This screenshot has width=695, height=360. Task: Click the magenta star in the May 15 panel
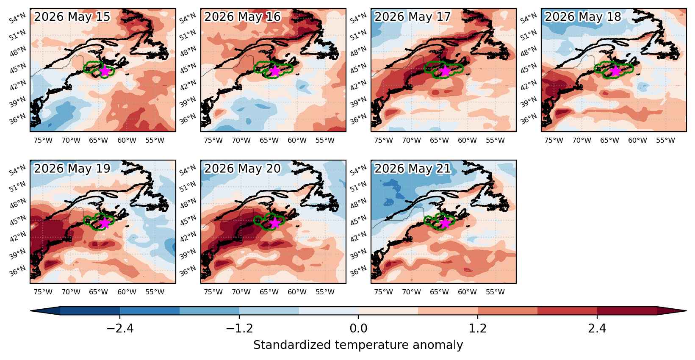click(105, 71)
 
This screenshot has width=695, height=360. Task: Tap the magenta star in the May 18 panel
click(615, 71)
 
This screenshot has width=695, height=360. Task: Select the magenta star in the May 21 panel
click(445, 223)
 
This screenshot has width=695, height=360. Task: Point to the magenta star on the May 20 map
click(275, 223)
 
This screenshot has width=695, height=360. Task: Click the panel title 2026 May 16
click(242, 17)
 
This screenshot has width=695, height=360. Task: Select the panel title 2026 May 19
click(72, 169)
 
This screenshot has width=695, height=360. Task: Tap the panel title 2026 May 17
click(413, 17)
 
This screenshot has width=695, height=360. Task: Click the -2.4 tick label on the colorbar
click(120, 328)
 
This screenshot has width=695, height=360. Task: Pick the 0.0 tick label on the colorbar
click(358, 328)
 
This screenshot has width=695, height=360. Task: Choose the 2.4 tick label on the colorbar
click(597, 328)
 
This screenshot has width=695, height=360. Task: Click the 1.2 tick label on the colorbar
click(477, 328)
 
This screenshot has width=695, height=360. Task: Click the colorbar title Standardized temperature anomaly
click(358, 345)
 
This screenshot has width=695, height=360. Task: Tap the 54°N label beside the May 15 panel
click(17, 18)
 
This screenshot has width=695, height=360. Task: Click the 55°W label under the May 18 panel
click(665, 140)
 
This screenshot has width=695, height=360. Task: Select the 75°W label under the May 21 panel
click(383, 292)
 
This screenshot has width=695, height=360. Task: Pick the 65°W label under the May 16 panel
click(269, 140)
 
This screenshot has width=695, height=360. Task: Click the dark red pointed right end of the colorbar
click(672, 310)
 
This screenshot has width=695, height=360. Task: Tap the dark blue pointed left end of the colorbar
click(45, 310)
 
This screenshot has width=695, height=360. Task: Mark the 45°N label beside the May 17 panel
click(358, 68)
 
